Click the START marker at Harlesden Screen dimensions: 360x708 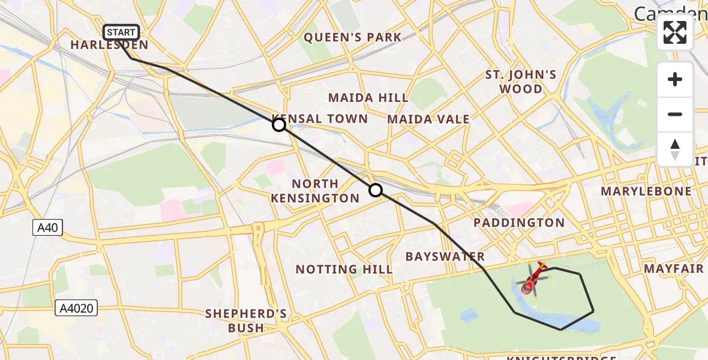(x=121, y=32)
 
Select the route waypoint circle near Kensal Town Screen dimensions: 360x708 (x=279, y=125)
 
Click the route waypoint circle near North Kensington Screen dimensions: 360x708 (x=375, y=190)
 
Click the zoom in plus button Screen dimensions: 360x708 (x=675, y=80)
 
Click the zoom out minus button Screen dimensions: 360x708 (x=675, y=115)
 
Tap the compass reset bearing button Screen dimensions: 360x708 (x=675, y=149)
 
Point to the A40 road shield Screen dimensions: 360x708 (x=47, y=227)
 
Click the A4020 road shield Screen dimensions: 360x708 (x=77, y=308)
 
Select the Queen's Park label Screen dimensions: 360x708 (x=352, y=37)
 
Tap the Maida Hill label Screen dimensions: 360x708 (x=368, y=97)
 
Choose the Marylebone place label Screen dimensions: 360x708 (x=646, y=191)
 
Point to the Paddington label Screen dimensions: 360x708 (x=519, y=223)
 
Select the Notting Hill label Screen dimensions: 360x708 (x=344, y=269)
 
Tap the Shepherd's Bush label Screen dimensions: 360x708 (x=246, y=320)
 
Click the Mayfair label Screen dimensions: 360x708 (x=674, y=268)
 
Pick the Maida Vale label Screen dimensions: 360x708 (x=428, y=119)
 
